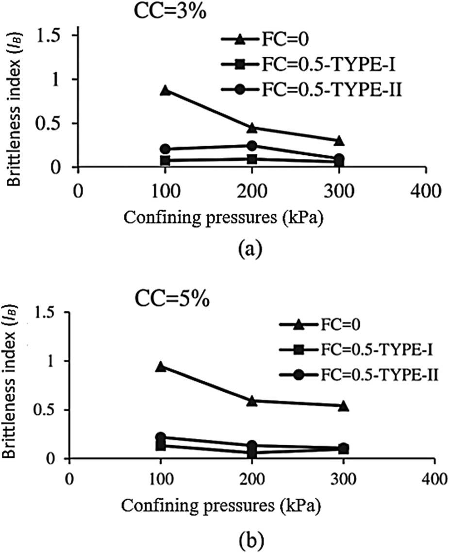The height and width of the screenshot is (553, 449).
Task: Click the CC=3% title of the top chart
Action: pos(171,11)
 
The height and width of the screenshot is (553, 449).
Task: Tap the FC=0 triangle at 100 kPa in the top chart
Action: pos(165,90)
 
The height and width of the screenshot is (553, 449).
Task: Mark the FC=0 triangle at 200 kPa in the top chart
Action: pos(252,128)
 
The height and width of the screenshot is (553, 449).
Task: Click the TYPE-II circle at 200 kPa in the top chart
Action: pos(252,146)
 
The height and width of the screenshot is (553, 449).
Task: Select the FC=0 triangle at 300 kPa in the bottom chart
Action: pos(343,405)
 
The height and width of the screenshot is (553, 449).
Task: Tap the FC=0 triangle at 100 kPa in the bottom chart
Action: pos(160,367)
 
